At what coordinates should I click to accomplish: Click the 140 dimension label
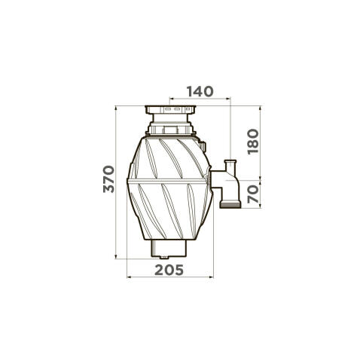[x=200, y=91]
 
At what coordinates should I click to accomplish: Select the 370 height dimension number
[x=108, y=179]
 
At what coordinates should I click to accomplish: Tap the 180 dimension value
[x=253, y=142]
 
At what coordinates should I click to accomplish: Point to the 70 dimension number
[x=253, y=194]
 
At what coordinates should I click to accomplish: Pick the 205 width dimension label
[x=169, y=270]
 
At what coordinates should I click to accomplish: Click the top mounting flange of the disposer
[x=170, y=109]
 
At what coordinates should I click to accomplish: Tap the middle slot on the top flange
[x=177, y=109]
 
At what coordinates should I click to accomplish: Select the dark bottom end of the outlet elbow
[x=230, y=206]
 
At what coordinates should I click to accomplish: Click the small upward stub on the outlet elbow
[x=230, y=166]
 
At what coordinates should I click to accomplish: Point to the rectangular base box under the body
[x=169, y=248]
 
